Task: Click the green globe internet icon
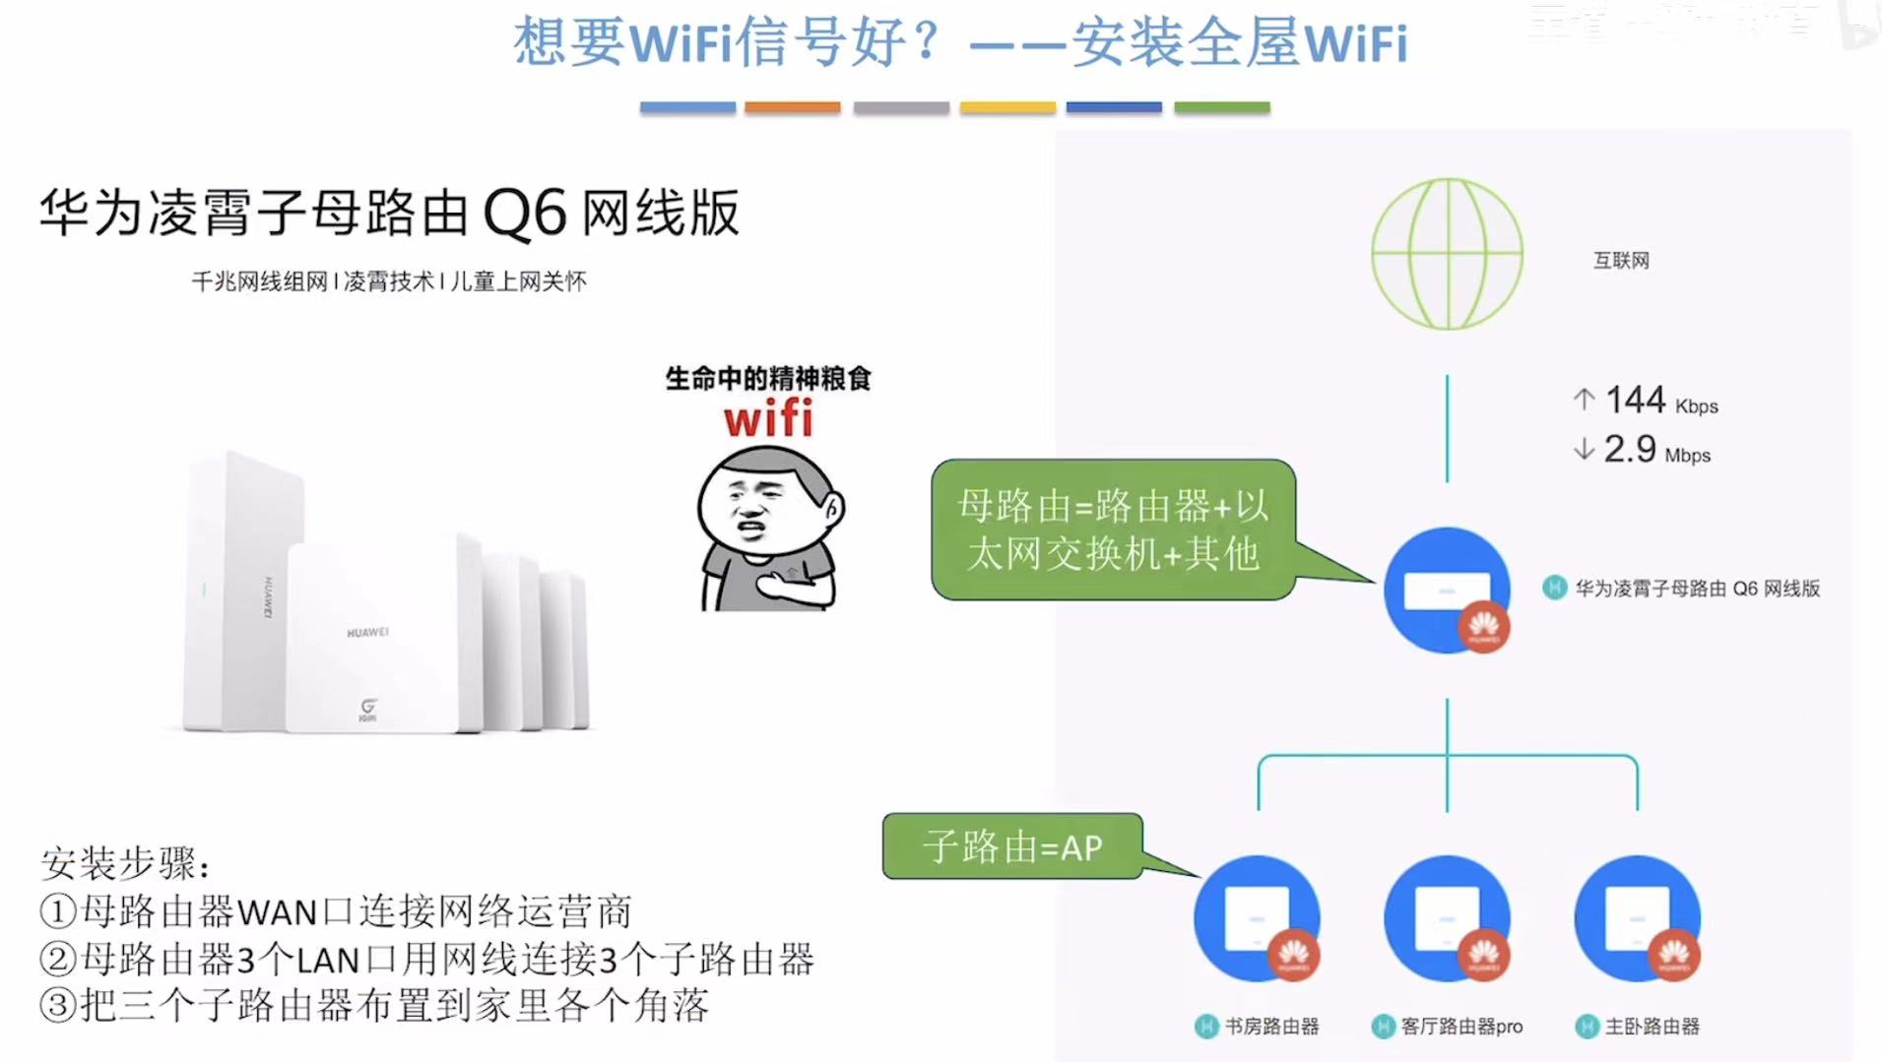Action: pyautogui.click(x=1447, y=254)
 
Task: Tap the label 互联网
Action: pyautogui.click(x=1620, y=261)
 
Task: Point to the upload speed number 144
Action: pyautogui.click(x=1635, y=401)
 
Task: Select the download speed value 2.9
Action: pyautogui.click(x=1629, y=450)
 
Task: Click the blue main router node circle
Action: pyautogui.click(x=1446, y=590)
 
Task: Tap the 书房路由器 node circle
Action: pyautogui.click(x=1257, y=917)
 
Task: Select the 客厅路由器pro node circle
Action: pyautogui.click(x=1447, y=917)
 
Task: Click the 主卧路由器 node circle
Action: pyautogui.click(x=1637, y=917)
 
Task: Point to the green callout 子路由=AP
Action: pyautogui.click(x=1012, y=846)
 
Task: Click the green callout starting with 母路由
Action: pyautogui.click(x=1113, y=530)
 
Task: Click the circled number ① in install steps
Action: pyautogui.click(x=58, y=911)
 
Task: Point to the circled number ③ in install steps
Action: pyautogui.click(x=58, y=1006)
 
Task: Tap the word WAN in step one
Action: pyautogui.click(x=278, y=913)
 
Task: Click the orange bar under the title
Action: pyautogui.click(x=792, y=107)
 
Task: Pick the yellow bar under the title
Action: pyautogui.click(x=1007, y=107)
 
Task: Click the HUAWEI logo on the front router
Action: pyautogui.click(x=367, y=632)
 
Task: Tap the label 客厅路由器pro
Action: pyautogui.click(x=1461, y=1027)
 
